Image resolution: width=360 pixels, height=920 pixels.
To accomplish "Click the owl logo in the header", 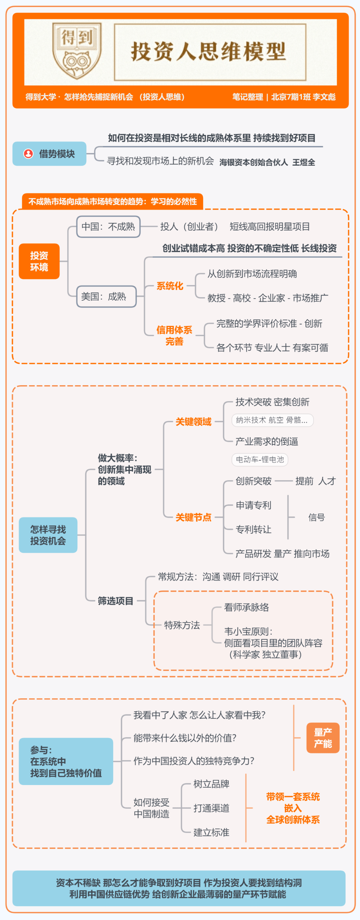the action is tap(77, 51).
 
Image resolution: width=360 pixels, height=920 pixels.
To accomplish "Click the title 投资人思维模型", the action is tap(209, 51).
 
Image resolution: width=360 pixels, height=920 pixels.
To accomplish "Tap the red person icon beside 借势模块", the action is tap(28, 154).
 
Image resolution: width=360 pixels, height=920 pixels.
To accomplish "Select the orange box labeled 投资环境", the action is tap(39, 261).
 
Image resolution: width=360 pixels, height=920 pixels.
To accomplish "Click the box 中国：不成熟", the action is tap(109, 227).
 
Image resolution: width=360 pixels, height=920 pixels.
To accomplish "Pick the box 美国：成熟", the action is tap(106, 297).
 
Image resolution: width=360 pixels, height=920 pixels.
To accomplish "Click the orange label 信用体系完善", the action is tap(174, 335).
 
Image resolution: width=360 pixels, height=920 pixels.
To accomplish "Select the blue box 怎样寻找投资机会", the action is tap(48, 535).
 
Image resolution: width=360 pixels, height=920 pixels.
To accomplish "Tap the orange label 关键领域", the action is tap(194, 422).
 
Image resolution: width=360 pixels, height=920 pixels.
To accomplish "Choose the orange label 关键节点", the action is tap(194, 517).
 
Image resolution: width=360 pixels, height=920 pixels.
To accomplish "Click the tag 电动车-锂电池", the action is tap(260, 459).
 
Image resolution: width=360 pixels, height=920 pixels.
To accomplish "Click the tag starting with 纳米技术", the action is tap(273, 420).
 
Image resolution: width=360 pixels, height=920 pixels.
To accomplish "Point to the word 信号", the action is tap(316, 517).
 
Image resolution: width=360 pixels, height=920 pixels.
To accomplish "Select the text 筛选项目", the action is tap(116, 601).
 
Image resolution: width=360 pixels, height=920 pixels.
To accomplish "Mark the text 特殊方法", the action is tap(182, 625).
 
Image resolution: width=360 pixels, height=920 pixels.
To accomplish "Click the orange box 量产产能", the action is tap(323, 738).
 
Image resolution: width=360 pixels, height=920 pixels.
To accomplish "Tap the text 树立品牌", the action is tap(211, 784).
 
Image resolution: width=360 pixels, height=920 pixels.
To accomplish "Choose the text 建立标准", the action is tap(211, 832).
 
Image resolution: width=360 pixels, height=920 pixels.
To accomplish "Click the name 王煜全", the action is tap(304, 162).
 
